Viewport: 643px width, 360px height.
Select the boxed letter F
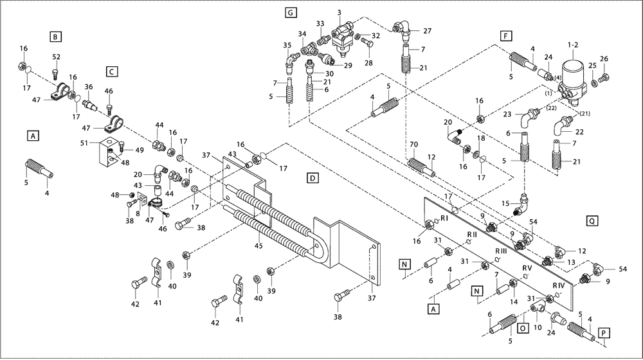pyautogui.click(x=507, y=35)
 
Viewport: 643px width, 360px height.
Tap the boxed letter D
pyautogui.click(x=311, y=177)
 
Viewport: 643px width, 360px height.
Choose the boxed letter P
pyautogui.click(x=604, y=332)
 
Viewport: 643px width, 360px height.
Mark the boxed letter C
pyautogui.click(x=112, y=71)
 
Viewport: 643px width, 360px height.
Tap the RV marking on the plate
pyautogui.click(x=527, y=267)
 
